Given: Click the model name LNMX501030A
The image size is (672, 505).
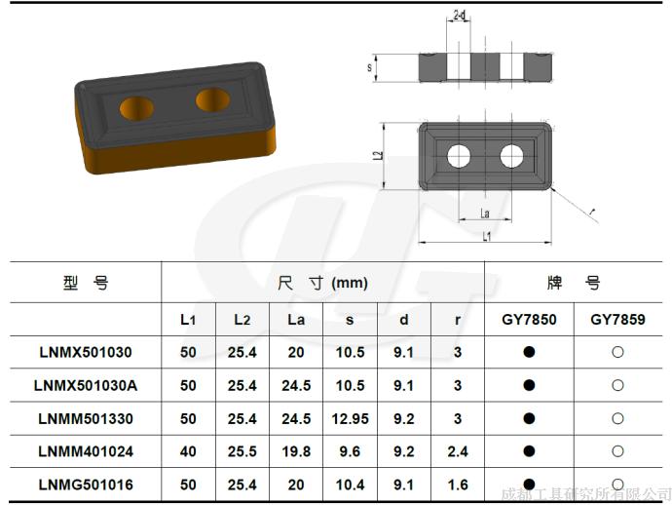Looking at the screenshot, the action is tap(86, 385).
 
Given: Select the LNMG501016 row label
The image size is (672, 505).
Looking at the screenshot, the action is tap(86, 485).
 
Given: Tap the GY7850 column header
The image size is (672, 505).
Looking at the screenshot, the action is tap(529, 320).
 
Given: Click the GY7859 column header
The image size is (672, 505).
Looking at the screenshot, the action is tap(617, 320).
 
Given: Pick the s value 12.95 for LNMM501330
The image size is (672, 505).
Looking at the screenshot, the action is tap(351, 419).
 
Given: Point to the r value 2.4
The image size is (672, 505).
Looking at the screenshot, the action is tap(458, 451).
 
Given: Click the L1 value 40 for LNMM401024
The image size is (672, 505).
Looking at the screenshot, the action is tap(188, 451).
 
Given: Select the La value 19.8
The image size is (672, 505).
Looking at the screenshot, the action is tap(296, 451).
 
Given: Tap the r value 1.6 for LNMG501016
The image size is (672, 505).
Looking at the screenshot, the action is tap(458, 485).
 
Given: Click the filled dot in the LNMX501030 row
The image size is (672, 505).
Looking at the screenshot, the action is tap(529, 352).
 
